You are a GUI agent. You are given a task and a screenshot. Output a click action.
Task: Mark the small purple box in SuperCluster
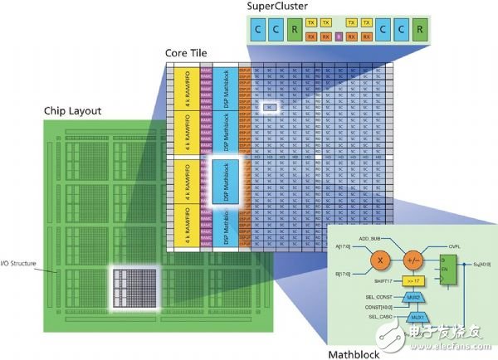pos(327,37)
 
